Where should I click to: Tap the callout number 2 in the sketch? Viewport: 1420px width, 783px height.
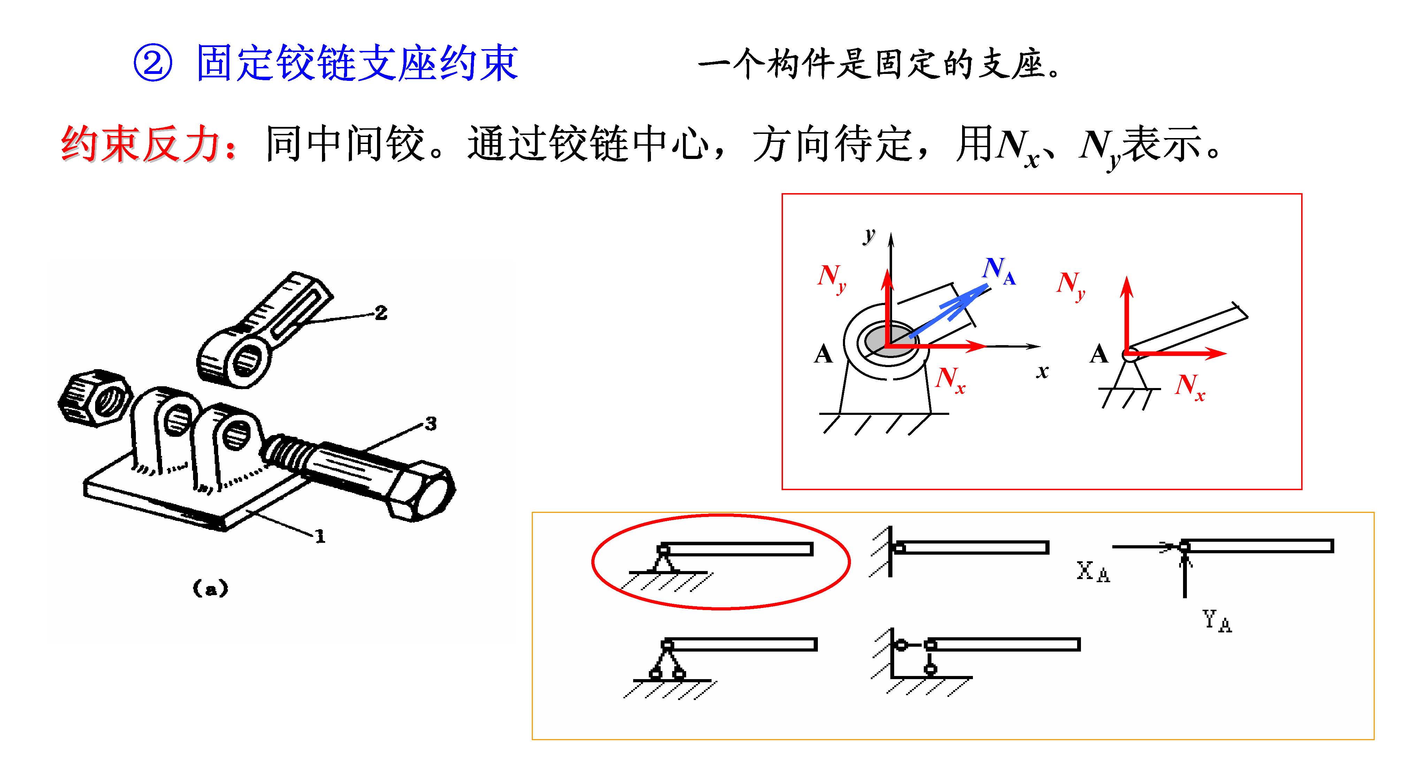381,313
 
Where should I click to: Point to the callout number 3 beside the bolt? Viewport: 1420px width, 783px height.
430,424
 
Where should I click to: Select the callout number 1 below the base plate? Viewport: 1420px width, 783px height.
320,536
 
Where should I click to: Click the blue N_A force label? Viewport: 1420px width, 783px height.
999,271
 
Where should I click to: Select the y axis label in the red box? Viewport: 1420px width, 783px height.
869,235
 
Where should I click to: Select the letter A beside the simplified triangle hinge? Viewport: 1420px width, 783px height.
1099,354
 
